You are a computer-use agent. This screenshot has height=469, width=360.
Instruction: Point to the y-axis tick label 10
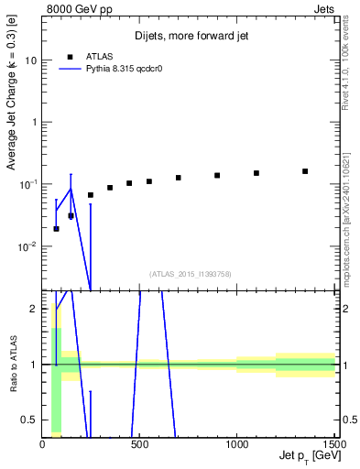[x=29, y=60]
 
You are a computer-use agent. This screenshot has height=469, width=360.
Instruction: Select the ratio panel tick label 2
[x=33, y=309]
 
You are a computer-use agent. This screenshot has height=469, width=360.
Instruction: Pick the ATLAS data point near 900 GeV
[x=217, y=175]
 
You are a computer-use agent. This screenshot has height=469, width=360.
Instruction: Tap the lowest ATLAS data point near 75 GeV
[x=57, y=229]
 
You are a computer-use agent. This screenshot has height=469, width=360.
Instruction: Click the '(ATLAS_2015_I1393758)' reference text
[x=191, y=274]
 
